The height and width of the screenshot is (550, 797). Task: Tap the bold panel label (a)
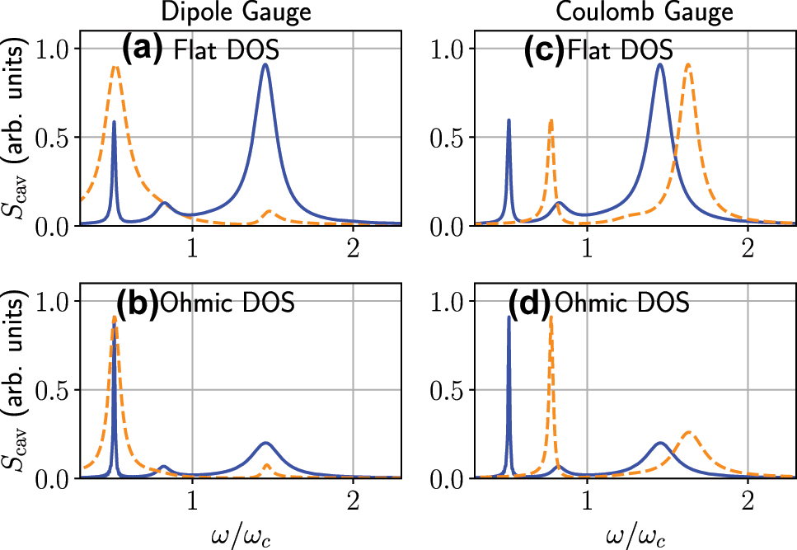146,50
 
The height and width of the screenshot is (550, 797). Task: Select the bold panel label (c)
543,50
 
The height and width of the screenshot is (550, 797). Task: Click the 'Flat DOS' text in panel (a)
227,51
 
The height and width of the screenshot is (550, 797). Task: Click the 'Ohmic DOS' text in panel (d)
622,303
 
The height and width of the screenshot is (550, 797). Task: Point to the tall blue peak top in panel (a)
265,64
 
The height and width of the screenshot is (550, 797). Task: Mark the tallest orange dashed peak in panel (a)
116,67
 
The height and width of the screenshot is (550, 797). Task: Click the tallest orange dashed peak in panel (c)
687,64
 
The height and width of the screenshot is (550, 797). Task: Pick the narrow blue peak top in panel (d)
509,317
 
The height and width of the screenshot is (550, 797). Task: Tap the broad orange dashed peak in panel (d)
689,434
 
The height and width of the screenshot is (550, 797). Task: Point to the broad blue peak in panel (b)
265,443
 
